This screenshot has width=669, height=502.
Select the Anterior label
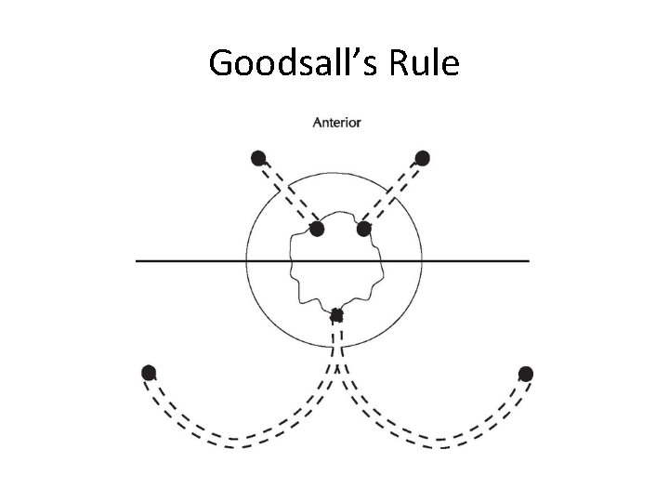[337, 122]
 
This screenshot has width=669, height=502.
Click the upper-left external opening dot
[258, 157]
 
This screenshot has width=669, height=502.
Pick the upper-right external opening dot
[423, 157]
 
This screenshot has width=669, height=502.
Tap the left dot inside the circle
[317, 228]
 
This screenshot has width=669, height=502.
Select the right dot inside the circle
[363, 228]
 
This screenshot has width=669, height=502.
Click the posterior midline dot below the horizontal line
[336, 316]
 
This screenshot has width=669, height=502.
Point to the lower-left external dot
[148, 373]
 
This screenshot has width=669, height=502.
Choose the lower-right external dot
[526, 373]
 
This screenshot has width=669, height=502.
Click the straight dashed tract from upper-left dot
[287, 192]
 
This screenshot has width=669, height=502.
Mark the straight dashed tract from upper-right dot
[393, 192]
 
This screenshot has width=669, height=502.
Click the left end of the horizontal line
[138, 261]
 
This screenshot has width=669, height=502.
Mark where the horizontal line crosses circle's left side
[246, 261]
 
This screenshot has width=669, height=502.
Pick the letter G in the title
[222, 63]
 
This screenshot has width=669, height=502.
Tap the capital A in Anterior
[318, 122]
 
